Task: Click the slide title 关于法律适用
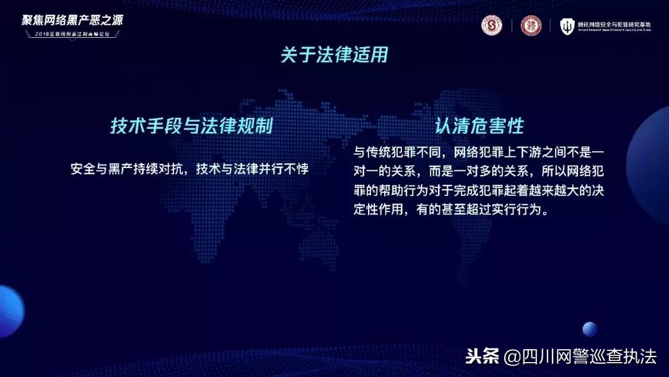334,55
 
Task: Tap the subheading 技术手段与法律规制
191,126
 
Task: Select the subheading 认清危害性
479,126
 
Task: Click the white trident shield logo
567,26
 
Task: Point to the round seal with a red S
492,25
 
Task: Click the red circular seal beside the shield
531,25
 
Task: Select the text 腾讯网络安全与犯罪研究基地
614,24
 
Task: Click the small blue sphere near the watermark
590,329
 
